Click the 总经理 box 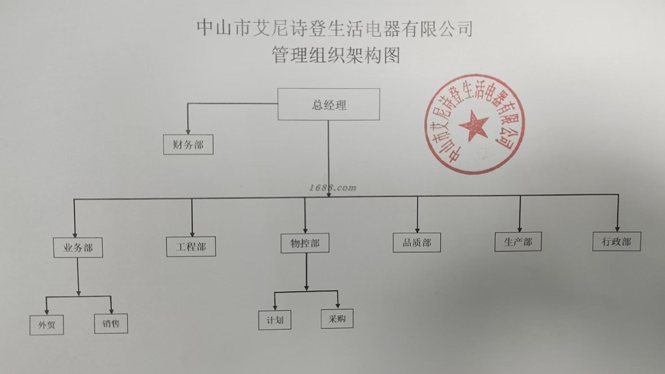328,104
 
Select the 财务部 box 188,144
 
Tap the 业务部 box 78,247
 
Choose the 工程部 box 191,247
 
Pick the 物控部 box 305,243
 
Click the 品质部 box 417,242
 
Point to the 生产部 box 518,242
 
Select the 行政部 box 617,241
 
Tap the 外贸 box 47,325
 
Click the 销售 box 111,323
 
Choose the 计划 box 275,320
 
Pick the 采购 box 337,319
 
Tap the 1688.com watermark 332,188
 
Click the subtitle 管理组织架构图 335,55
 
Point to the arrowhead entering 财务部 188,132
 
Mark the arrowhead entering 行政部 617,229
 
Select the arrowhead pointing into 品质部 417,230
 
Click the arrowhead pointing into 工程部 192,234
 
